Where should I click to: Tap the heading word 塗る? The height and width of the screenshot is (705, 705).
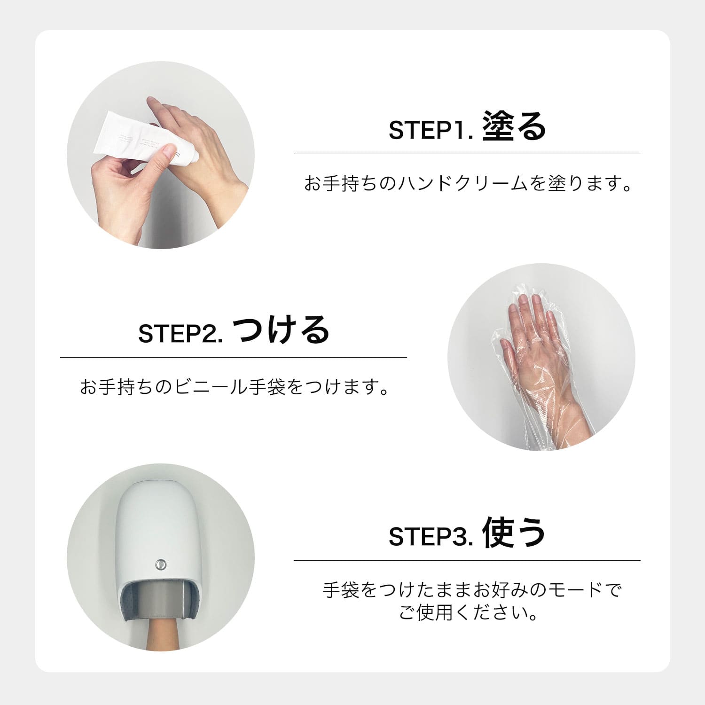click(x=514, y=126)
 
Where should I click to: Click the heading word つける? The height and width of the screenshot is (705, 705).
click(x=281, y=329)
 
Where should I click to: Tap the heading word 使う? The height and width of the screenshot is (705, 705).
click(x=514, y=533)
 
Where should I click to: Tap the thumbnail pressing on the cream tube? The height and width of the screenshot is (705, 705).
click(x=165, y=150)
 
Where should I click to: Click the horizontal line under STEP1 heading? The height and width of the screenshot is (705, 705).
click(x=467, y=154)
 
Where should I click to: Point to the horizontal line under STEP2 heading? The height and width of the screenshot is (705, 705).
click(x=234, y=357)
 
